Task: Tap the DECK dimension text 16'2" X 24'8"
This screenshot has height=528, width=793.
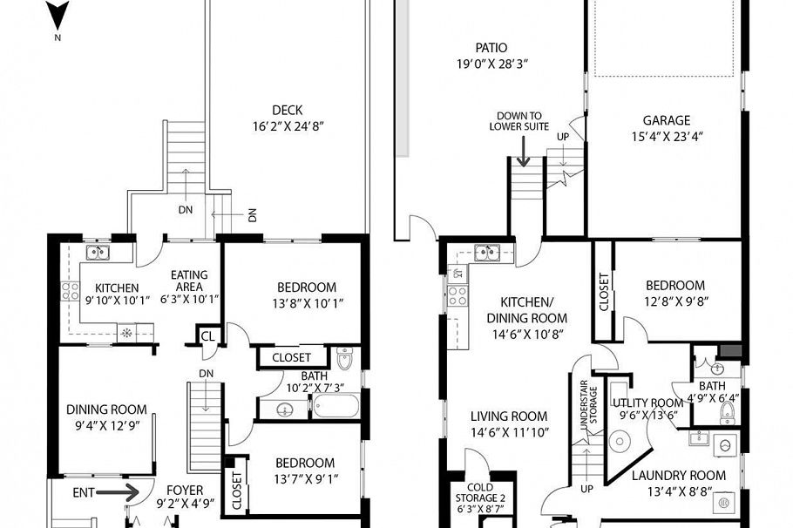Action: coord(287,125)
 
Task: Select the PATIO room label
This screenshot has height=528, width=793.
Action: coord(491,48)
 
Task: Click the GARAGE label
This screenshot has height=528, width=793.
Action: coord(667,120)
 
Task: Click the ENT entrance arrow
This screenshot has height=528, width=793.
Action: coord(120,492)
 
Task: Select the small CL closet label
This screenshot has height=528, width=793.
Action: coord(207,336)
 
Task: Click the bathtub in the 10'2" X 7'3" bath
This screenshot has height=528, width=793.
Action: coord(334,406)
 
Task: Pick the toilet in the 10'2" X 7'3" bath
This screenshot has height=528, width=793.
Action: coord(344,359)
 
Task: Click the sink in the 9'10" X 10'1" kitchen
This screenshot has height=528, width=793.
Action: coord(98,254)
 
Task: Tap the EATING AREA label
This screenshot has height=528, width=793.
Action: coord(188,280)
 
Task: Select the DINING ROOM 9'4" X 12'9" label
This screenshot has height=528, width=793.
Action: coord(106,410)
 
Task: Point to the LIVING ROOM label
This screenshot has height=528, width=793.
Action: coord(510,416)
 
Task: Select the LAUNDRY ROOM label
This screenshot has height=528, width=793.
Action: coord(678,476)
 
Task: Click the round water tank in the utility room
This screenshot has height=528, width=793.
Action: coord(620,443)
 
